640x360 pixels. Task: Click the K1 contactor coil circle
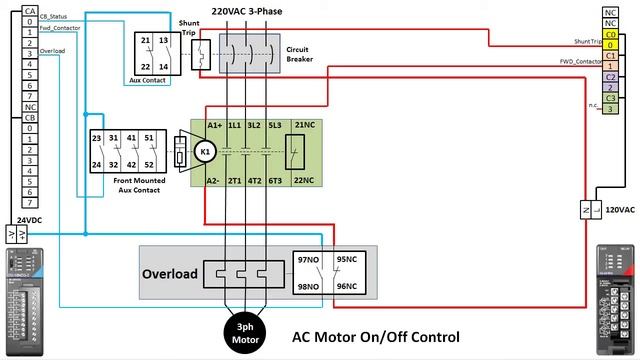206,152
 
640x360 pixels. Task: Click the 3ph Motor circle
244,331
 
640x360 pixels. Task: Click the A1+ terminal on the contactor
214,125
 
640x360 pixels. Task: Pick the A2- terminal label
214,181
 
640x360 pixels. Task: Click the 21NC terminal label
306,125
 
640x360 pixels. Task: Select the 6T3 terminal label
275,181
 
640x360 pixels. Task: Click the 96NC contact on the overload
347,286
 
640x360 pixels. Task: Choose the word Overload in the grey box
169,273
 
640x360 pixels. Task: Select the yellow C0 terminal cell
610,34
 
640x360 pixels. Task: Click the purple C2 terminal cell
610,76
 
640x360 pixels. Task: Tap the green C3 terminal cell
610,98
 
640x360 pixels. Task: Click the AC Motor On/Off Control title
375,337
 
